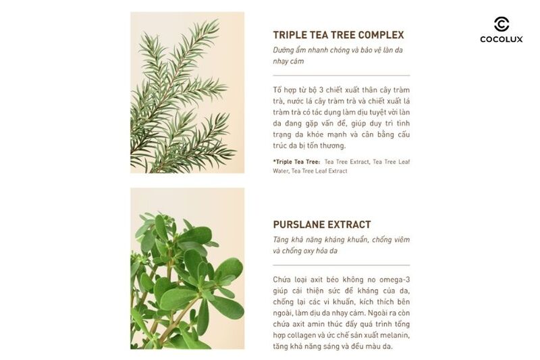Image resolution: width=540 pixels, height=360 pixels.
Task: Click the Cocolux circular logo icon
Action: [x=502, y=24]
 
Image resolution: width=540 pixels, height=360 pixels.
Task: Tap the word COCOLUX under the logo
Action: [x=502, y=40]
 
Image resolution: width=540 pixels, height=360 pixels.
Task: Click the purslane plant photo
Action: [x=187, y=268]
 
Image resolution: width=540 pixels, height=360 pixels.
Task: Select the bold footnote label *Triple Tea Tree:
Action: [x=296, y=162]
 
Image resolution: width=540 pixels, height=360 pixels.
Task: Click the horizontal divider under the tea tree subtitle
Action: [x=341, y=75]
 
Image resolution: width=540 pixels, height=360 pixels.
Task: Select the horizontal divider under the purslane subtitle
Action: [x=341, y=265]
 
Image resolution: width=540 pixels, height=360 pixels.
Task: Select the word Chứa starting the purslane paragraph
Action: [x=284, y=279]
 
